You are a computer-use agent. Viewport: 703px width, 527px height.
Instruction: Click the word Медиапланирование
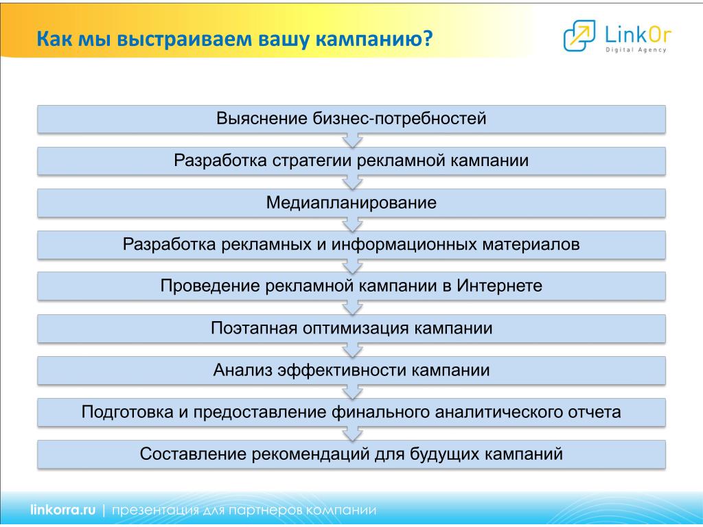[x=351, y=202]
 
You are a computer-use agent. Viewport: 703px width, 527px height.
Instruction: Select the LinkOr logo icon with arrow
[x=579, y=36]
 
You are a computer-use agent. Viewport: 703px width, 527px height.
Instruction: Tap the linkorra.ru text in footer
[x=62, y=510]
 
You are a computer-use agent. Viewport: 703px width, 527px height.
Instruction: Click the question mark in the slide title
[x=427, y=38]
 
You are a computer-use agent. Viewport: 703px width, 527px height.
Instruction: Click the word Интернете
[x=500, y=285]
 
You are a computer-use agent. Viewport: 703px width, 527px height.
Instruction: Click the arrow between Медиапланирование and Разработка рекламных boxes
[x=352, y=224]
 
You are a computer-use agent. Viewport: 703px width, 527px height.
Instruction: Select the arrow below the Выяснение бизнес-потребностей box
[x=352, y=140]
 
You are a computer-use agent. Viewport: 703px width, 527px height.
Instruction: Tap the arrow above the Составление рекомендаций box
[x=352, y=434]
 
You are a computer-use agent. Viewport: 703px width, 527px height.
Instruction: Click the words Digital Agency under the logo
[x=636, y=49]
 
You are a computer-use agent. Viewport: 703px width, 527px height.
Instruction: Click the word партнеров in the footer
[x=266, y=510]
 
